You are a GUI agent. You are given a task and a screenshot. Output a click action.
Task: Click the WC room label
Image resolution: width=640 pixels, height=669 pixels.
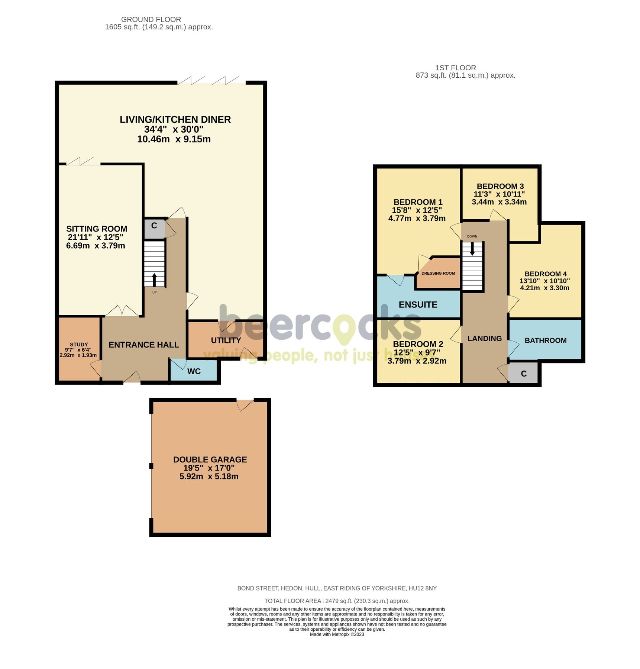coord(194,371)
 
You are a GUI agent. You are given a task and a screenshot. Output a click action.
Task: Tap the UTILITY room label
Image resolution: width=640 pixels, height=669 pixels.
coord(226,340)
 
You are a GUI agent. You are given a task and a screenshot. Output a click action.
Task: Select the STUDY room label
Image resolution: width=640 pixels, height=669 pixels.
coord(78,345)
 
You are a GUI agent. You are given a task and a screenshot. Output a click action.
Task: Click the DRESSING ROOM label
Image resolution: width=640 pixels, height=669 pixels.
coord(438,273)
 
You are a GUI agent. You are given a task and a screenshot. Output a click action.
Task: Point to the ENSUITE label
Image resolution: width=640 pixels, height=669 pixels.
coord(418,304)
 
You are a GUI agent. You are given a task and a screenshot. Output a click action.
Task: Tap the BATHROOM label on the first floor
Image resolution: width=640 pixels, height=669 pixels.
coord(545,340)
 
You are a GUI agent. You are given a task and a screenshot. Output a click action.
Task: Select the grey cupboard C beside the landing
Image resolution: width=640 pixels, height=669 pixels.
coord(523,374)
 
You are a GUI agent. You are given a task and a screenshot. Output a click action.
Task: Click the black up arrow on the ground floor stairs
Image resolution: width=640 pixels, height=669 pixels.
coord(154,279)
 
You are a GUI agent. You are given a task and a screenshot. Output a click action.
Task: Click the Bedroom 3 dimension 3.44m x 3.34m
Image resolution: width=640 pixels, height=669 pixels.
coord(499,202)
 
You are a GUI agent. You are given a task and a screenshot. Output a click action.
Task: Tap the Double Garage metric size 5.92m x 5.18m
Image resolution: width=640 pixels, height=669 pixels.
coord(209,476)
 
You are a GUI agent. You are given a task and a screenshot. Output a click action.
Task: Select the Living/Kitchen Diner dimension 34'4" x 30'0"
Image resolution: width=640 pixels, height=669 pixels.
coord(174,129)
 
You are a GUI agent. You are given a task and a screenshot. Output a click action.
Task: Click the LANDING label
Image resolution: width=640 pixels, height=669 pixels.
coord(484,338)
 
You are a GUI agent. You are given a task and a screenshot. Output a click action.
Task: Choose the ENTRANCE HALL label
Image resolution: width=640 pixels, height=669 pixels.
coord(143,345)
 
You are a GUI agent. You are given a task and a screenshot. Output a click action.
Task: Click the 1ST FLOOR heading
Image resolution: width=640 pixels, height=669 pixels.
coord(455,68)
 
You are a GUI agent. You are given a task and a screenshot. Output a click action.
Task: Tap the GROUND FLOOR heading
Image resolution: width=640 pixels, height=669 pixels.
coord(151,19)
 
